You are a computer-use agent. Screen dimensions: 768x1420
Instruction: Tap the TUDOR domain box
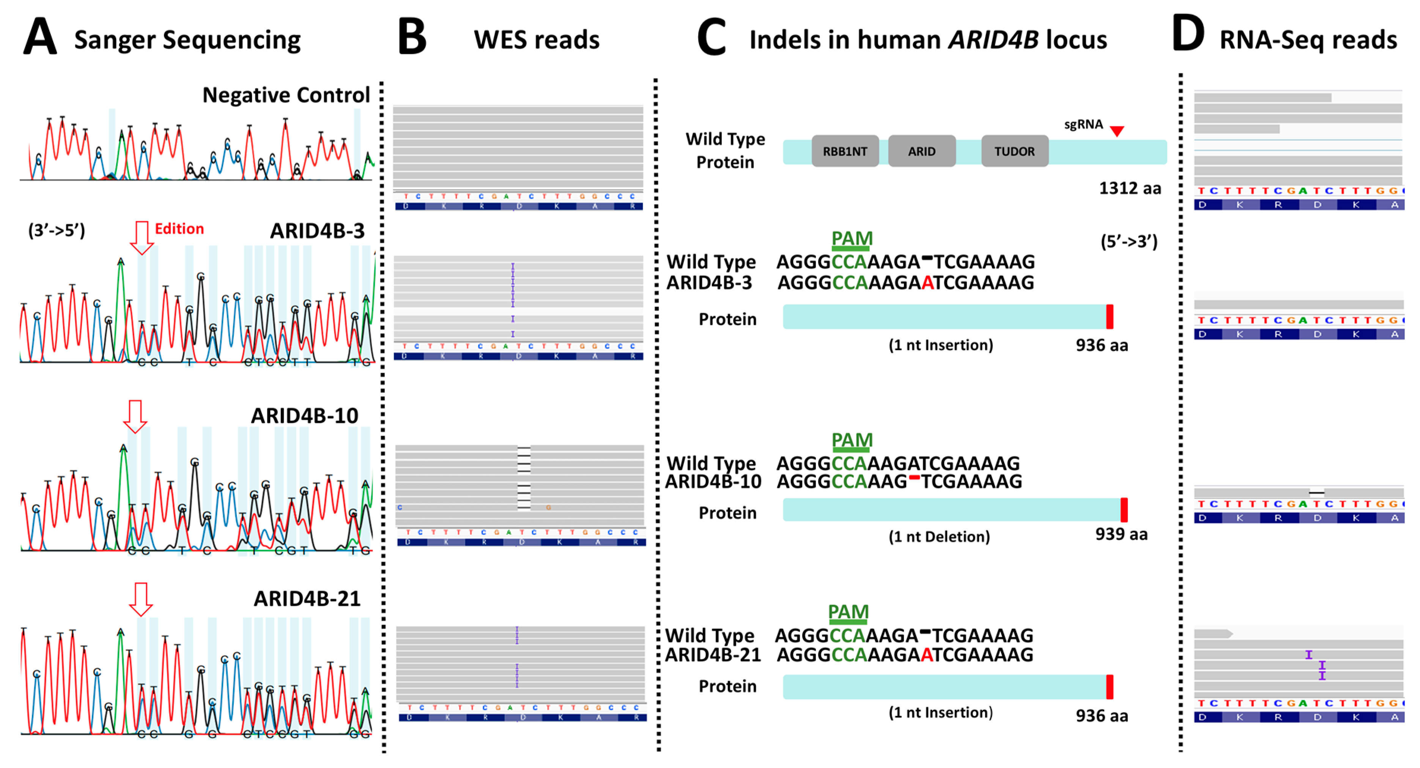(1014, 151)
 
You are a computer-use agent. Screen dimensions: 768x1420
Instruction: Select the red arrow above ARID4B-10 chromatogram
(135, 416)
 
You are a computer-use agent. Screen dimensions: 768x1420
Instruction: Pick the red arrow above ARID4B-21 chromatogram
(140, 599)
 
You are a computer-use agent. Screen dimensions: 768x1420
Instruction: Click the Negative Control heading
(285, 95)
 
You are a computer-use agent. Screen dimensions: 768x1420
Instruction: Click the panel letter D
(1187, 34)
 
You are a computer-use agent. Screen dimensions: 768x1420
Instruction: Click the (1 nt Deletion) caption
(939, 537)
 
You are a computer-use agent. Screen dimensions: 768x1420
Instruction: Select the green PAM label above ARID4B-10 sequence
(852, 440)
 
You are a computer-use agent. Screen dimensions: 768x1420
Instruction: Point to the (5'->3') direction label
(1129, 241)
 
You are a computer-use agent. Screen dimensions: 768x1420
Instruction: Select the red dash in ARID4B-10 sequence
(914, 477)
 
